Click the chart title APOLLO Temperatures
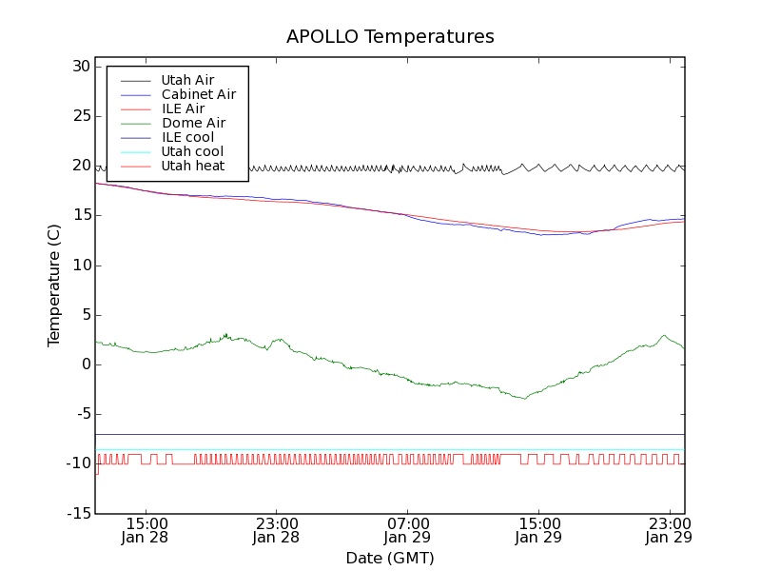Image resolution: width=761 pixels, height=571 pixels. pyautogui.click(x=390, y=37)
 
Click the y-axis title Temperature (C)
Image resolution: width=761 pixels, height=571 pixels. pyautogui.click(x=54, y=285)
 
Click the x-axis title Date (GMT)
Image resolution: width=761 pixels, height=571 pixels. pyautogui.click(x=390, y=558)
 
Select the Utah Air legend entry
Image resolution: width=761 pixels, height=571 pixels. pyautogui.click(x=187, y=80)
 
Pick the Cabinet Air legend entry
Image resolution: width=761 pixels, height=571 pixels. pyautogui.click(x=199, y=94)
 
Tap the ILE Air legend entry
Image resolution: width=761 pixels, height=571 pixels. pyautogui.click(x=183, y=108)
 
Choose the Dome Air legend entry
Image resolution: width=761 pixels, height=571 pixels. pyautogui.click(x=193, y=123)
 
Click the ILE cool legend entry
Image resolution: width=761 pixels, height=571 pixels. pyautogui.click(x=187, y=137)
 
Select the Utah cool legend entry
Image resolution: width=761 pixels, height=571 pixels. pyautogui.click(x=192, y=151)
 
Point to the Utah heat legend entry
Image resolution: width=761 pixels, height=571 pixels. pyautogui.click(x=193, y=166)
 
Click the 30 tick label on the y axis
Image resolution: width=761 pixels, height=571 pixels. pyautogui.click(x=79, y=67)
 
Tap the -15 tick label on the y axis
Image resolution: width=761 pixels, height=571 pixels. pyautogui.click(x=76, y=514)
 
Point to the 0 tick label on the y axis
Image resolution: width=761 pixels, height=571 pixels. pyautogui.click(x=86, y=364)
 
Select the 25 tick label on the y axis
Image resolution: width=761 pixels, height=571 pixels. pyautogui.click(x=79, y=116)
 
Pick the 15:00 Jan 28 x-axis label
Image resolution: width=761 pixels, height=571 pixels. pyautogui.click(x=146, y=530)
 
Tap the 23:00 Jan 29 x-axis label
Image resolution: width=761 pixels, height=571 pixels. pyautogui.click(x=669, y=530)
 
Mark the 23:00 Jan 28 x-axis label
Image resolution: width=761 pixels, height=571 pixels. pyautogui.click(x=277, y=530)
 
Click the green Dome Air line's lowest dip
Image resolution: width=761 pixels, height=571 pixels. pyautogui.click(x=524, y=398)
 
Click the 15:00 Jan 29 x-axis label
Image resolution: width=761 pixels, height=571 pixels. pyautogui.click(x=538, y=530)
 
